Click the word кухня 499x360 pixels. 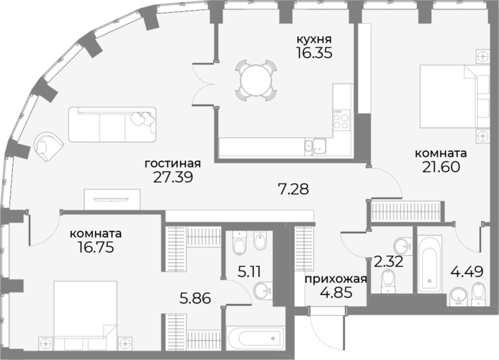pyautogui.click(x=314, y=40)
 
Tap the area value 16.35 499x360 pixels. pyautogui.click(x=314, y=53)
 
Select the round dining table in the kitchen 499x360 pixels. pyautogui.click(x=256, y=80)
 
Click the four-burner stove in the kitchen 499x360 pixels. pyautogui.click(x=341, y=120)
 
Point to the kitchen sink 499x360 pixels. pyautogui.click(x=315, y=147)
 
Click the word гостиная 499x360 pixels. pyautogui.click(x=173, y=163)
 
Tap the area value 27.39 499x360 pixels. pyautogui.click(x=173, y=177)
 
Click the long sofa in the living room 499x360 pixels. pyautogui.click(x=112, y=124)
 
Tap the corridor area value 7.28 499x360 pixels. pyautogui.click(x=293, y=189)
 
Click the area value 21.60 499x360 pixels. pyautogui.click(x=441, y=167)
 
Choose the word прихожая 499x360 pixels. pyautogui.click(x=336, y=279)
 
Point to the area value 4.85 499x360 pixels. pyautogui.click(x=336, y=292)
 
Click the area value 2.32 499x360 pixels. pyautogui.click(x=389, y=261)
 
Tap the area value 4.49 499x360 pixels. pyautogui.click(x=467, y=271)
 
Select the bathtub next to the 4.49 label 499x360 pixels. pyautogui.click(x=430, y=264)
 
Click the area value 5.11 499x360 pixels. pyautogui.click(x=249, y=272)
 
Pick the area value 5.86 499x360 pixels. pyautogui.click(x=195, y=298)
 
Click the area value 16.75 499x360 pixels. pyautogui.click(x=96, y=247)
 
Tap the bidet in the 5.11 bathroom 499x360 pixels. pyautogui.click(x=261, y=241)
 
